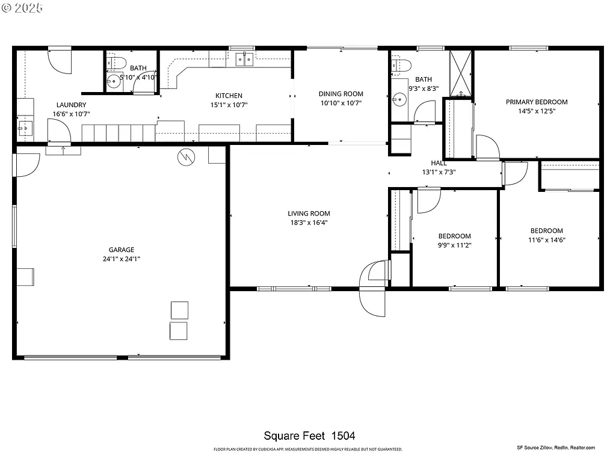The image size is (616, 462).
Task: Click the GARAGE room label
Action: click(x=121, y=250)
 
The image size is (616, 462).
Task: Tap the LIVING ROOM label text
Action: click(x=309, y=214)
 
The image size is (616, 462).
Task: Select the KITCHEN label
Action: click(x=229, y=96)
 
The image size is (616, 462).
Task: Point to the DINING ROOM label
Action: click(x=340, y=94)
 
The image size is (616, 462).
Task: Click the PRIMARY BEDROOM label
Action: click(x=536, y=102)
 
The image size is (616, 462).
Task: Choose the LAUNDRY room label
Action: click(x=71, y=105)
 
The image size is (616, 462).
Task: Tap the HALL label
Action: click(x=439, y=163)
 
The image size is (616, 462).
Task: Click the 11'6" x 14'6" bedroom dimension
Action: click(x=546, y=239)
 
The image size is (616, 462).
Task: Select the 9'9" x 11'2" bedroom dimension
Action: click(x=454, y=245)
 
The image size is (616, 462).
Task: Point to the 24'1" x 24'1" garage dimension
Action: click(x=121, y=259)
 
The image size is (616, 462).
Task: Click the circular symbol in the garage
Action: click(x=186, y=158)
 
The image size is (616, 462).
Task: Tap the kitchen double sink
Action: click(x=244, y=59)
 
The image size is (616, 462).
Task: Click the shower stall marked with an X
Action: click(x=462, y=73)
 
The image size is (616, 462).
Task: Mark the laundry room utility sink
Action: click(x=25, y=128)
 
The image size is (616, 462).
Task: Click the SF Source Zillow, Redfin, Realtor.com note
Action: click(x=555, y=448)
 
